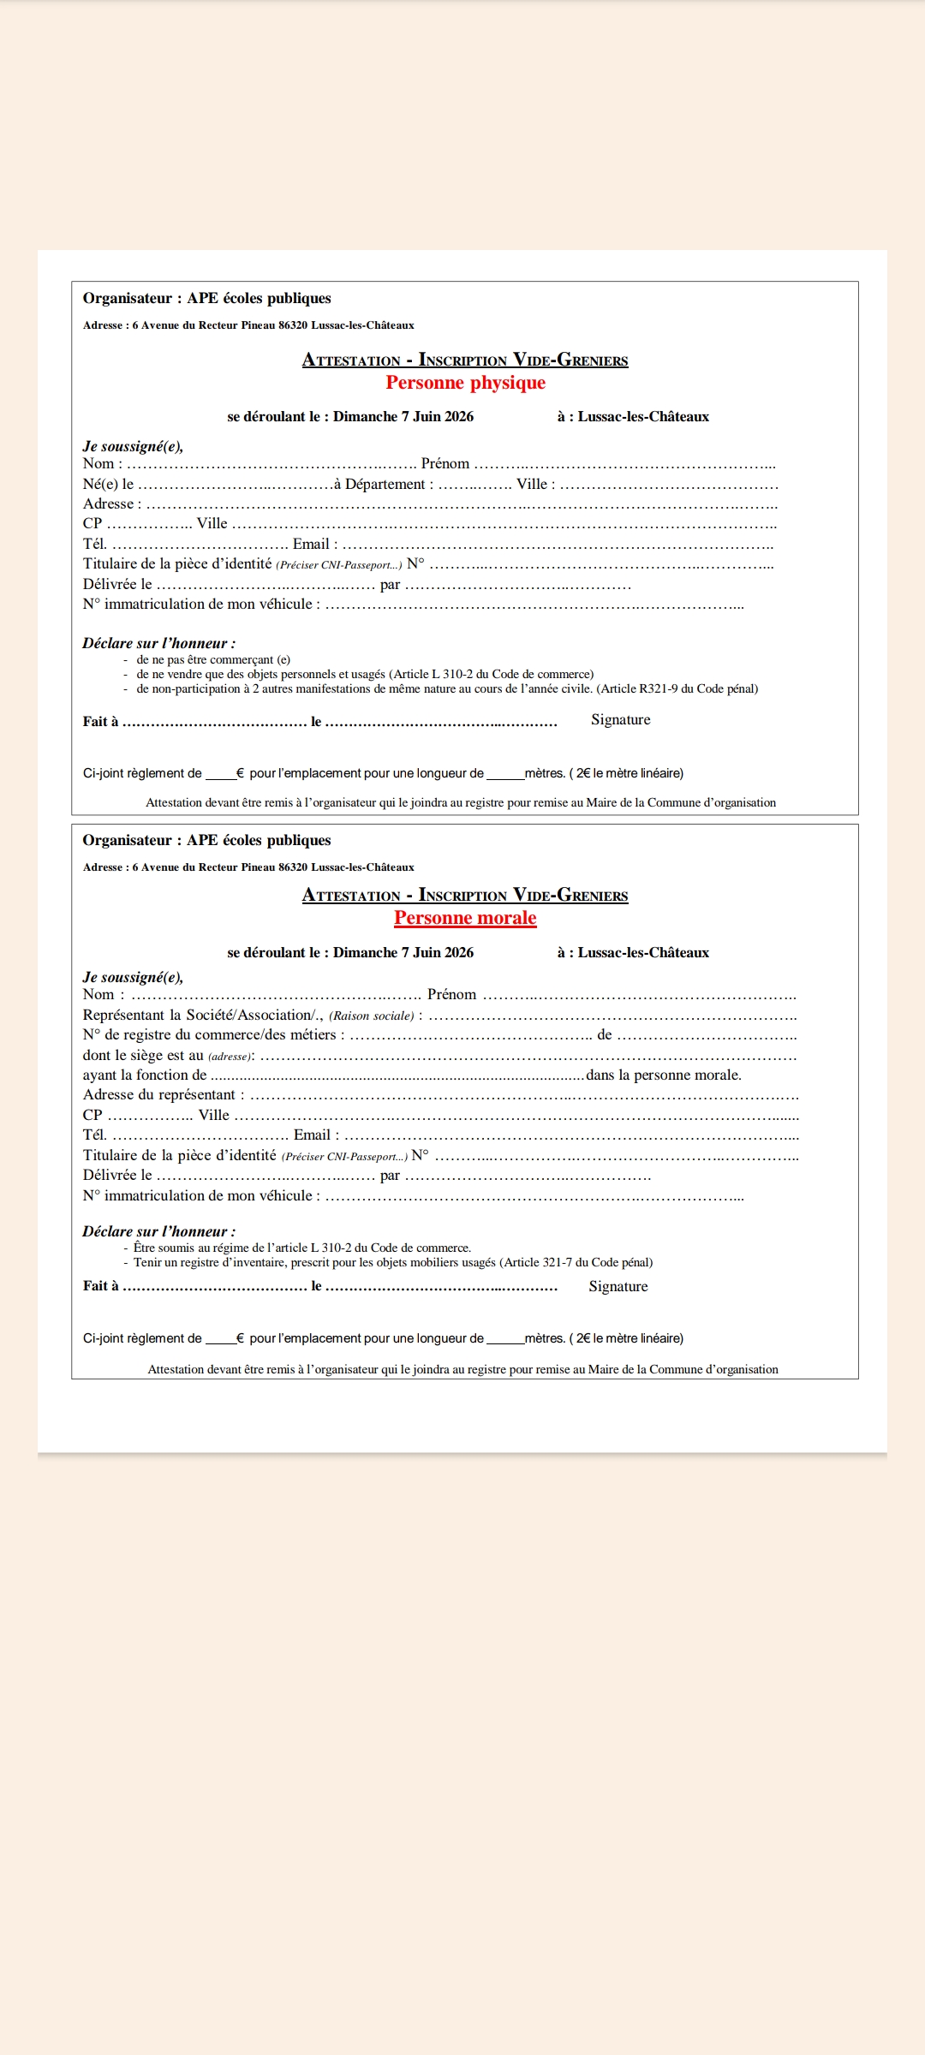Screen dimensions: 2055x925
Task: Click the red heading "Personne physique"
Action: (465, 383)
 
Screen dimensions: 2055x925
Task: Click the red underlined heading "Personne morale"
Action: (465, 918)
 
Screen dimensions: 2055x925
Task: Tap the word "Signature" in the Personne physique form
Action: (620, 720)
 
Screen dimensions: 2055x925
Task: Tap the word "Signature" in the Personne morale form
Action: (618, 1286)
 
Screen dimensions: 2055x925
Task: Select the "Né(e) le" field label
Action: (108, 484)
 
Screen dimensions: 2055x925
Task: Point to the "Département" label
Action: (385, 484)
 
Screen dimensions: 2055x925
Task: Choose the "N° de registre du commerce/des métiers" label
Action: (213, 1034)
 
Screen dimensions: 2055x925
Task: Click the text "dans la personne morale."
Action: (664, 1075)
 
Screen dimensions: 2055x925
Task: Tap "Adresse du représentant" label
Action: (159, 1094)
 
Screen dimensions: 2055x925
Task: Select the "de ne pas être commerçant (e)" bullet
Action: (213, 659)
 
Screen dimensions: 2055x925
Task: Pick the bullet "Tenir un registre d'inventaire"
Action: (392, 1262)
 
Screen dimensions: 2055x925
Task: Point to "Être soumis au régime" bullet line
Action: (301, 1248)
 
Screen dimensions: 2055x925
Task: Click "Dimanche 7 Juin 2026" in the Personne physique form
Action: (403, 417)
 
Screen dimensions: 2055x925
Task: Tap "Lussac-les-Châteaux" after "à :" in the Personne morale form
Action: (643, 952)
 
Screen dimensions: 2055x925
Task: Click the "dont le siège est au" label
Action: (143, 1055)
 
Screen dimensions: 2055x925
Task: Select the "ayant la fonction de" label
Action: (145, 1075)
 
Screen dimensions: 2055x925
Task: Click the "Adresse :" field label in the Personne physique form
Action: (112, 503)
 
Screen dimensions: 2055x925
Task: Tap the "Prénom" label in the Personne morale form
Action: (451, 994)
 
